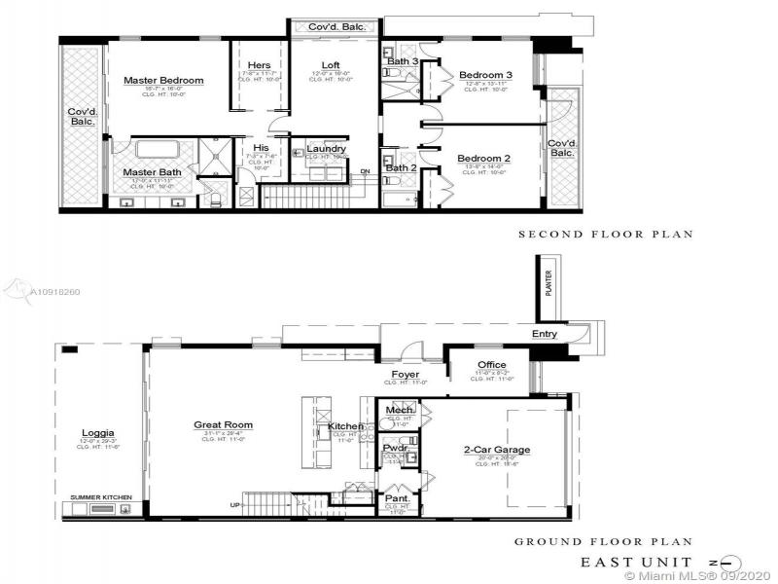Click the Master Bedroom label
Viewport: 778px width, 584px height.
point(163,80)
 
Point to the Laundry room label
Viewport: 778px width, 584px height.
point(326,149)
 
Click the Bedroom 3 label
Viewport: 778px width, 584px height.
point(485,75)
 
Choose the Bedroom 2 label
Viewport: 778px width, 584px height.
point(483,158)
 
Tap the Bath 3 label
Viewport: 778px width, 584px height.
point(402,61)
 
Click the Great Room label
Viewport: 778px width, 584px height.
point(224,424)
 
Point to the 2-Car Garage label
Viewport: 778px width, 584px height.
point(496,451)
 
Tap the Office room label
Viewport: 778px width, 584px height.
point(492,365)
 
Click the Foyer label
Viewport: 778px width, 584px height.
point(405,374)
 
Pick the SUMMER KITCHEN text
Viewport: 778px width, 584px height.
point(101,497)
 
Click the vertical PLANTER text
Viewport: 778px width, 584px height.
point(548,287)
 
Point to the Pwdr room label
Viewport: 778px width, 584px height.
point(395,449)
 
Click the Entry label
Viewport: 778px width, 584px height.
point(546,334)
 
